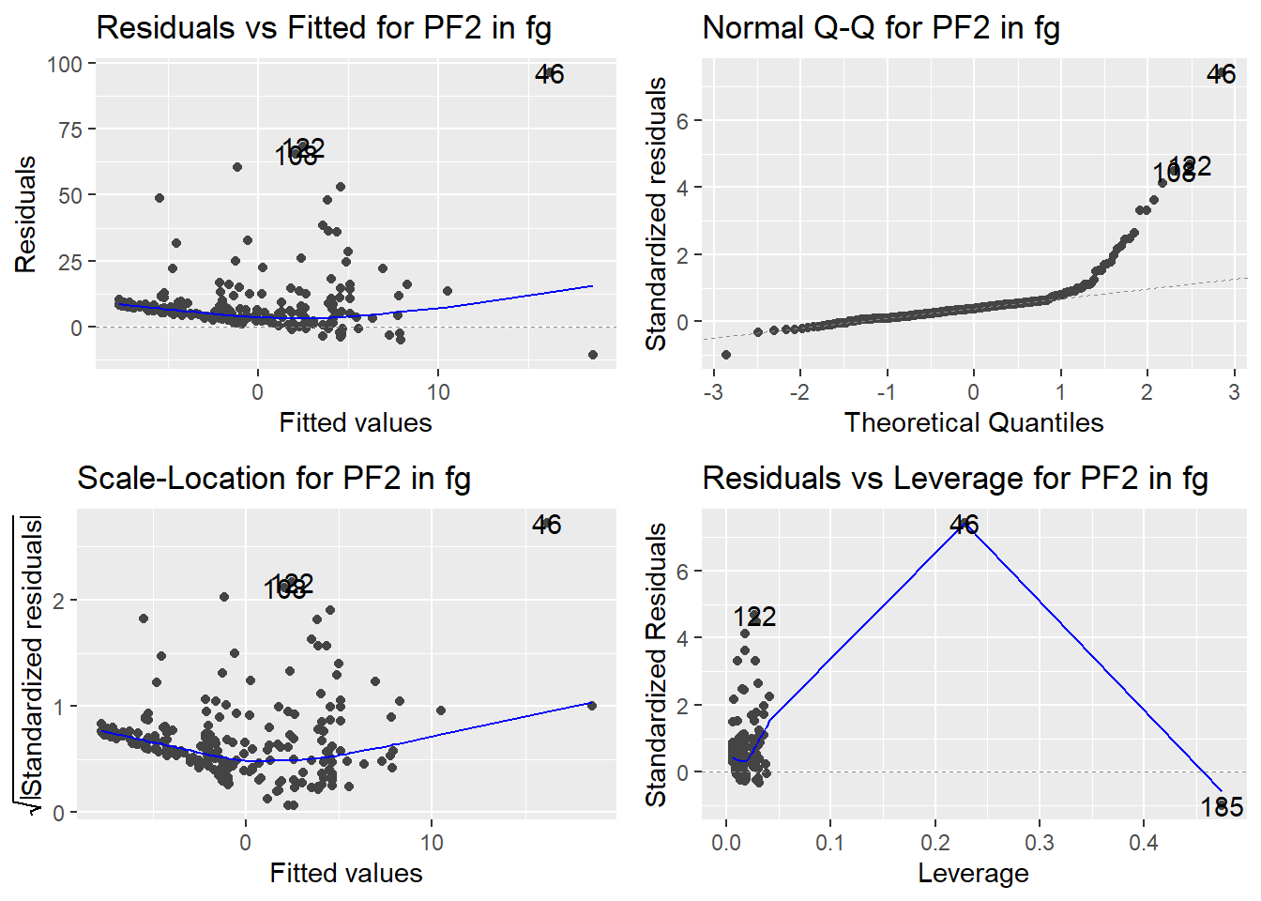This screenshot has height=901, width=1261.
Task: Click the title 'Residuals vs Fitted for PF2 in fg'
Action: pos(324,28)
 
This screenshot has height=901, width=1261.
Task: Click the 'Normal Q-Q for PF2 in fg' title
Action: pos(881,28)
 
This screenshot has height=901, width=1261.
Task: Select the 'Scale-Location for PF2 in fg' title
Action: pos(274,479)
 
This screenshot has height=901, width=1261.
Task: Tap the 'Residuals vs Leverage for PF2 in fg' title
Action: pos(955,479)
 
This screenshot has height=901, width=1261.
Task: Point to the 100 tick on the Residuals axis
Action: pos(65,65)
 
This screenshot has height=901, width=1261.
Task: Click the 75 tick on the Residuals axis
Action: pos(70,130)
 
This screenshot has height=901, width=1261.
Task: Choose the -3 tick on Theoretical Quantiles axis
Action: pos(712,392)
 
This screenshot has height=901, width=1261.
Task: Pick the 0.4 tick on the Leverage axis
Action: pos(1144,843)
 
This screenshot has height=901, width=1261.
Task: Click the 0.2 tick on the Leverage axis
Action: pos(935,843)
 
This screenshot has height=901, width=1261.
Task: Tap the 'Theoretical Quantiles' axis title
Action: pos(973,423)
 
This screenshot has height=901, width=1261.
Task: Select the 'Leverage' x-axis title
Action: pos(973,874)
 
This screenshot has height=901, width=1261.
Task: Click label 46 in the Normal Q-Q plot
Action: pos(1221,74)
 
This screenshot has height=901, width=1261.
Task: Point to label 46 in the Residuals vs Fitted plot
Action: pos(550,74)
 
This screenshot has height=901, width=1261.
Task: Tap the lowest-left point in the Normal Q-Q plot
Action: pos(726,355)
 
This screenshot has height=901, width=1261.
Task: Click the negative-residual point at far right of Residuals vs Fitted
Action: pos(593,355)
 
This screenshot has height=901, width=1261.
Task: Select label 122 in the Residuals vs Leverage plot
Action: pos(754,617)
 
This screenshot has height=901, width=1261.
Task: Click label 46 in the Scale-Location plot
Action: pos(546,525)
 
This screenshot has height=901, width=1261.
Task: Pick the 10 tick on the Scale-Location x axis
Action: pos(432,843)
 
